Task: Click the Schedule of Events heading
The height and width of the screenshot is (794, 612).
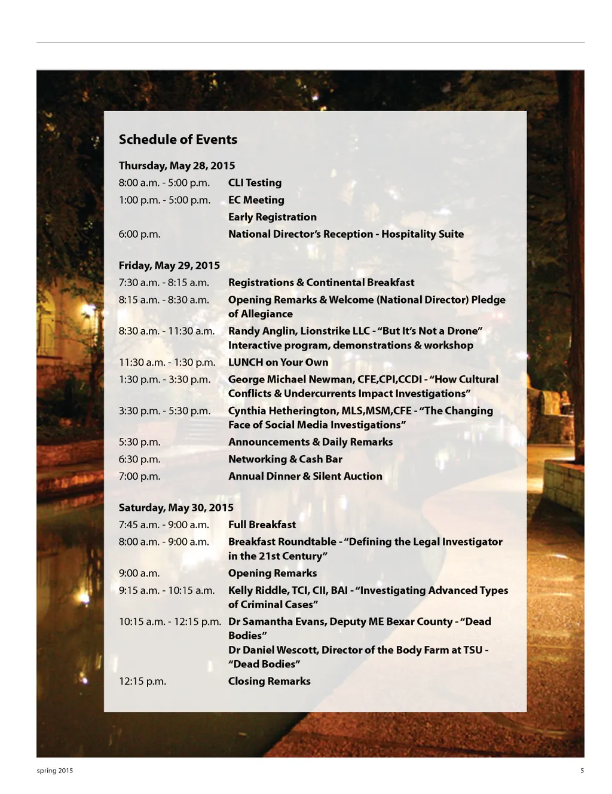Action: pos(178,139)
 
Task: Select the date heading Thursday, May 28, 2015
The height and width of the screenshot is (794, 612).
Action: pos(176,165)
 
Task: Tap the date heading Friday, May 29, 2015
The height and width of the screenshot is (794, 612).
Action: pos(169,265)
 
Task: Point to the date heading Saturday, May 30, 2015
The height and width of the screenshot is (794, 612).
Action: pos(176,507)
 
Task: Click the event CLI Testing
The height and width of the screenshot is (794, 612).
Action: pos(255,183)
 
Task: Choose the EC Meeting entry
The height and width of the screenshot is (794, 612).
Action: pos(256,200)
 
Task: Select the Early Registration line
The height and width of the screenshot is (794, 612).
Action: pos(272,217)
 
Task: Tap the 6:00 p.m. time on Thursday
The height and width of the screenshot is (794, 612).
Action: pos(139,234)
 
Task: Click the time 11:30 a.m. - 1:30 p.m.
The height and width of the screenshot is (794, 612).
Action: pos(167,362)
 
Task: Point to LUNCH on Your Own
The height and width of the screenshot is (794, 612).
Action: pos(278,362)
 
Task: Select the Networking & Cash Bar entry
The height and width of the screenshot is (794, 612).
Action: pos(285,459)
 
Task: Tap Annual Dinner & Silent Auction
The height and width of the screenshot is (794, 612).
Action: pos(305,476)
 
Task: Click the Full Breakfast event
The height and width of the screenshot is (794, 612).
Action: pos(262,525)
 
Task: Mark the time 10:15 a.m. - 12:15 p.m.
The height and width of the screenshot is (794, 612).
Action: pos(170,621)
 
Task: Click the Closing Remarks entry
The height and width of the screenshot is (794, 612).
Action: pos(269,681)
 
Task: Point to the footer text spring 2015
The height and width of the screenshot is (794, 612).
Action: pos(54,771)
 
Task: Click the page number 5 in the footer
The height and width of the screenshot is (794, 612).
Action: pos(582,771)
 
